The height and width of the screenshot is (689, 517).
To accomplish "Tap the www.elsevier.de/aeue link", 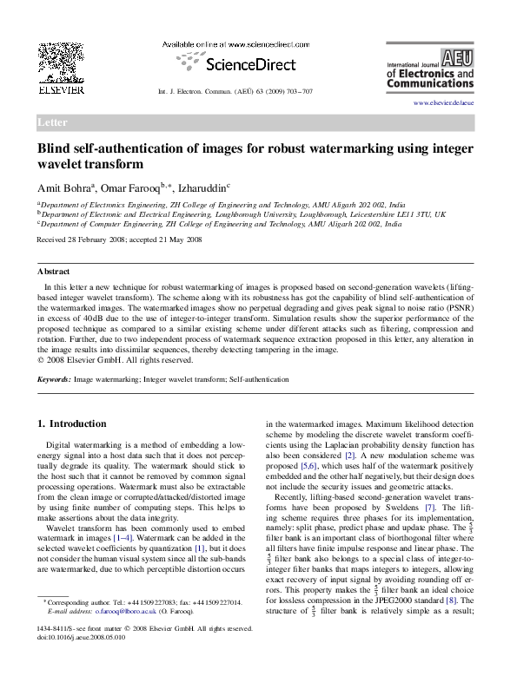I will coord(443,103).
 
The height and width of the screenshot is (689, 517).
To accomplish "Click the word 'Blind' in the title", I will coord(55,148).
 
